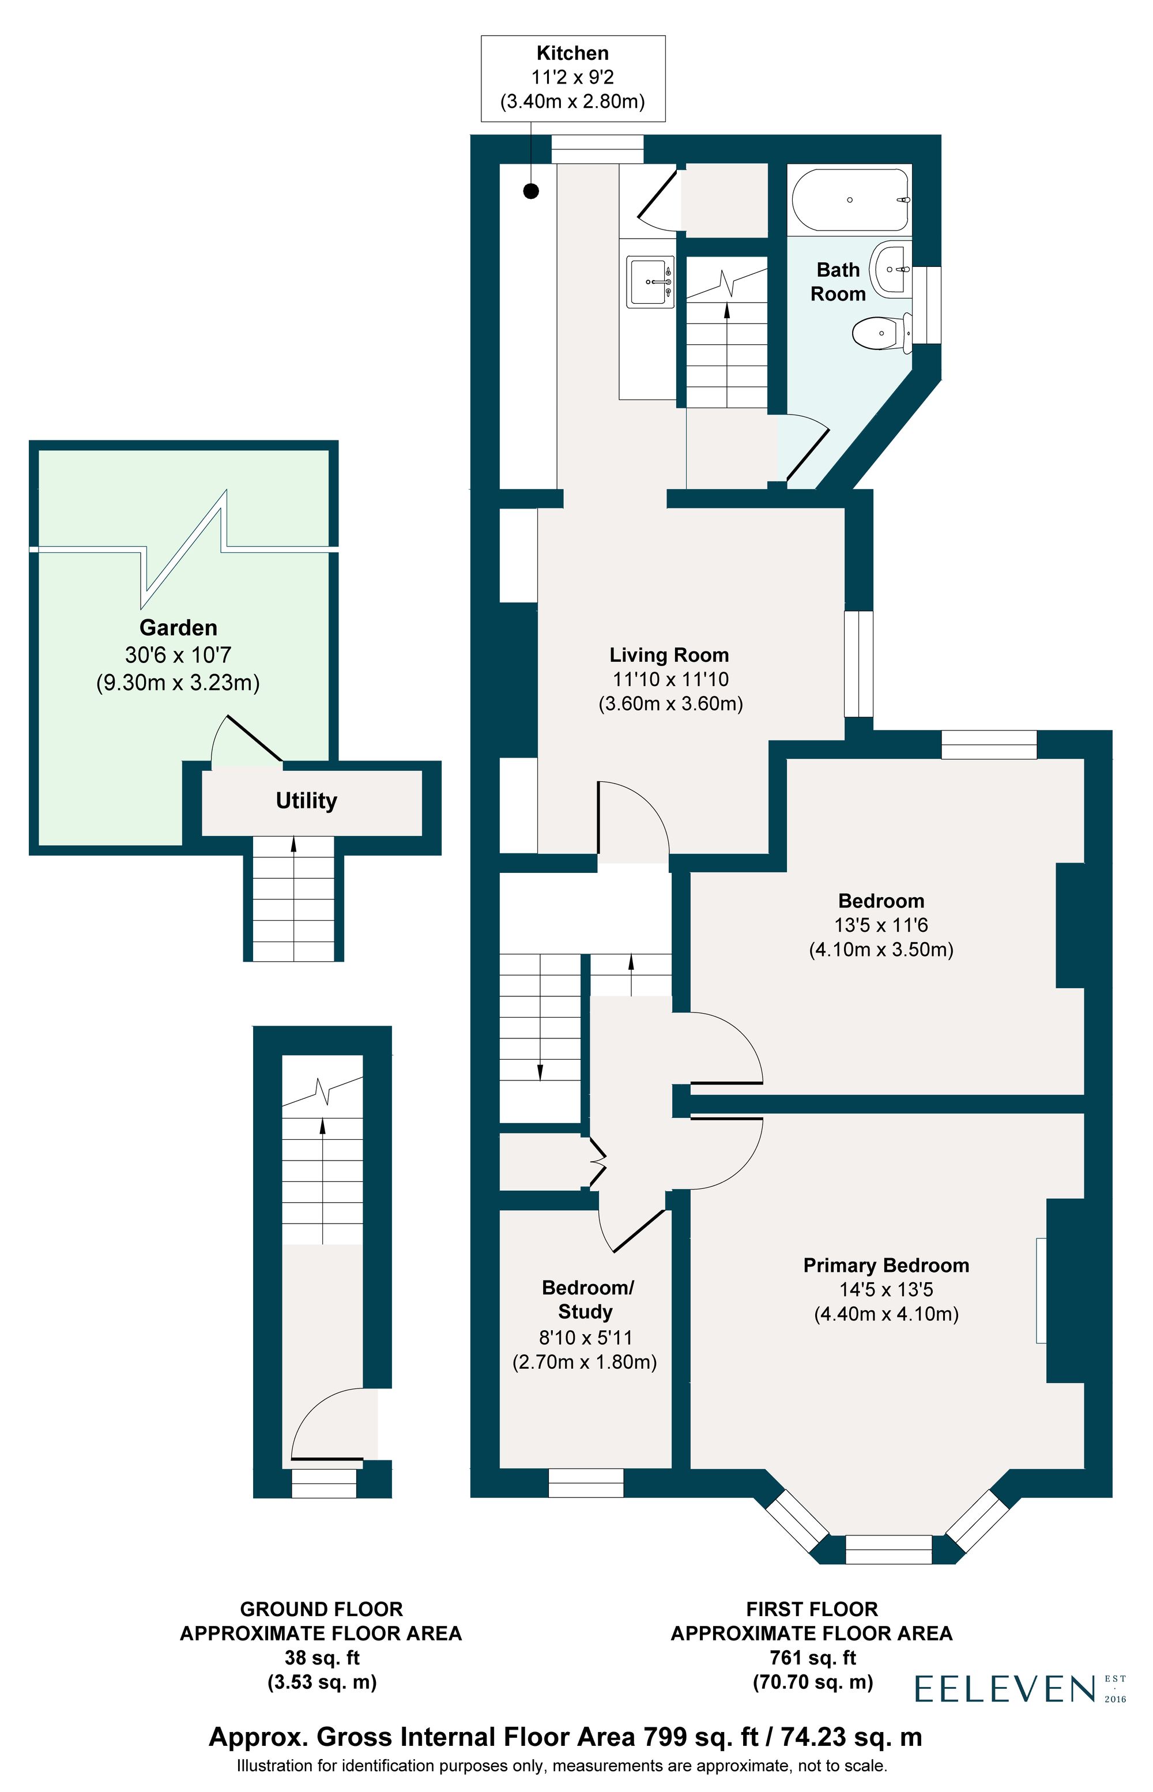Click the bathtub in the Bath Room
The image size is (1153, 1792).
coord(850,200)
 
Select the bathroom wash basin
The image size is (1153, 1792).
coord(890,269)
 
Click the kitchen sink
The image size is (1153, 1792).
coord(650,283)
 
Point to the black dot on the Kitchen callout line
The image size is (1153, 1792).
coord(531,191)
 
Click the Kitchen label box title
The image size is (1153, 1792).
coord(573,53)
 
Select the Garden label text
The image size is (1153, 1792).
coord(178,627)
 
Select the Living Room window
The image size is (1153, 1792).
coord(859,664)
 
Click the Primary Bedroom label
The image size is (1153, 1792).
coord(886,1266)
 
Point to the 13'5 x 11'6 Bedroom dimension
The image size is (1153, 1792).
coord(881,925)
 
